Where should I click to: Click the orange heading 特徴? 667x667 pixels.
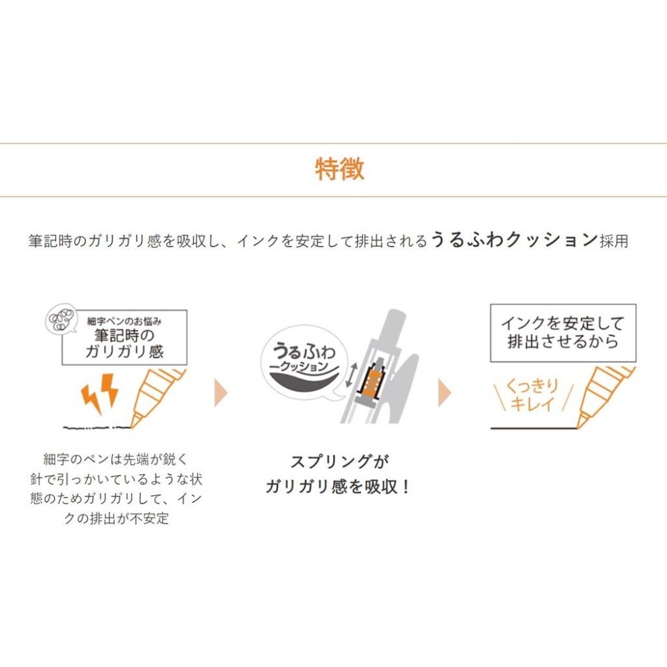tap(340, 169)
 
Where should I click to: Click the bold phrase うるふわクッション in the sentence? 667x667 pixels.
tap(513, 240)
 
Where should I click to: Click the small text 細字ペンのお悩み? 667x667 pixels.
tap(125, 320)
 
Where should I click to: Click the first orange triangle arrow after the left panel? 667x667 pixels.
tap(221, 396)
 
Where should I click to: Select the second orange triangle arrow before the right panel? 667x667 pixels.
tap(444, 396)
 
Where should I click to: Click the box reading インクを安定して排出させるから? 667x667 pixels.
tap(563, 333)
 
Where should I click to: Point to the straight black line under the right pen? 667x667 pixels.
tap(534, 428)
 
